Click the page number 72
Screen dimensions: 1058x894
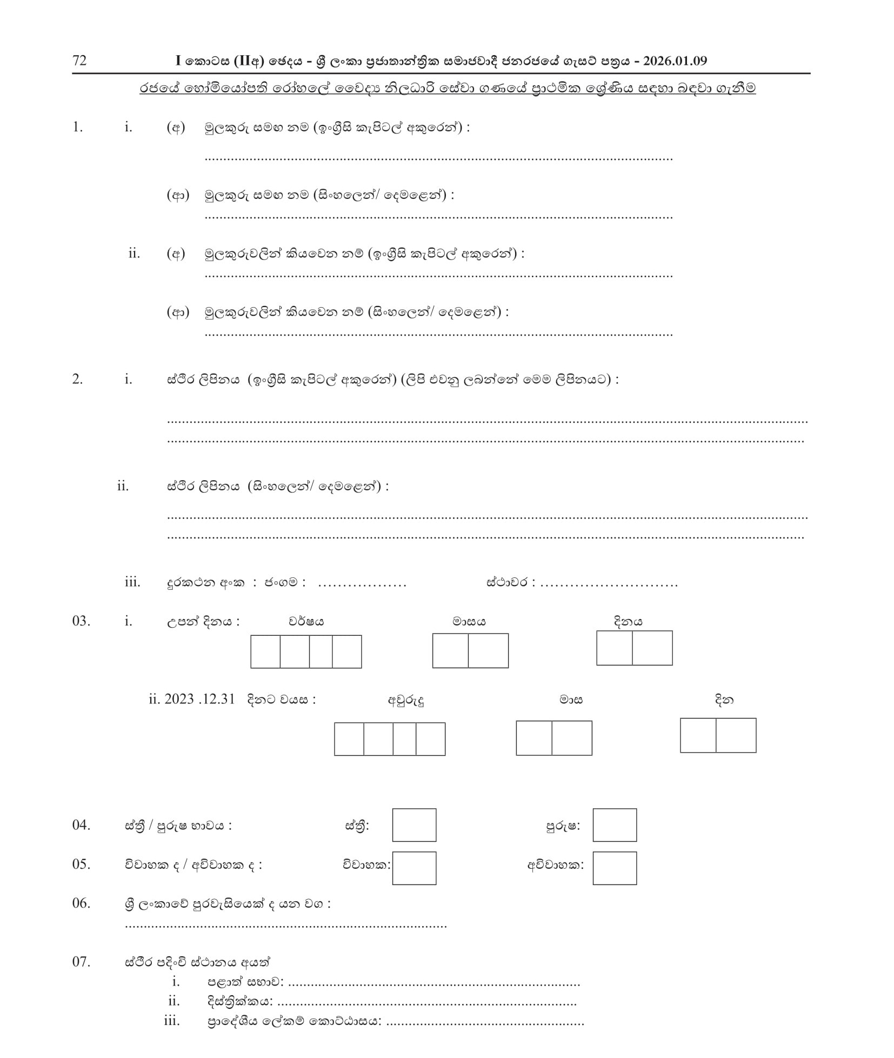[x=79, y=61]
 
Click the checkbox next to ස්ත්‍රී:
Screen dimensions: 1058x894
[x=414, y=826]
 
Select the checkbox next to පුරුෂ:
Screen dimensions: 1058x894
[x=615, y=826]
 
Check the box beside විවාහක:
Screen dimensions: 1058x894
[x=414, y=869]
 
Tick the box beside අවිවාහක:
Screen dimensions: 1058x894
[x=615, y=869]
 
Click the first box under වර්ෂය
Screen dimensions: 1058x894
[x=265, y=652]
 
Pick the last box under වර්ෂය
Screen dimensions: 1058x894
[x=346, y=652]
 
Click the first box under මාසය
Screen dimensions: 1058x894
[x=450, y=651]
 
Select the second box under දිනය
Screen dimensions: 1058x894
[x=652, y=648]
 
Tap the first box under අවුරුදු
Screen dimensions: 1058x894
[x=349, y=739]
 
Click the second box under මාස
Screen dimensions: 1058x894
[x=572, y=738]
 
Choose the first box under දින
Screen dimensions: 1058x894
[x=698, y=736]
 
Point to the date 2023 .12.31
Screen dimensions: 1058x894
[x=199, y=700]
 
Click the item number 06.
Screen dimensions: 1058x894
[x=81, y=903]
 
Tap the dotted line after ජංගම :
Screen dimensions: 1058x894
[x=362, y=583]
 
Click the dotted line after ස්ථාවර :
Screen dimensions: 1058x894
[x=609, y=583]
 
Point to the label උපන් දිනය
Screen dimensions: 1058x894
[x=203, y=622]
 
